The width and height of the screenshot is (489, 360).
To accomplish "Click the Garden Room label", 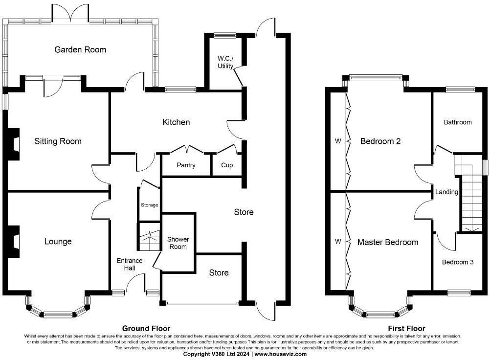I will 80,49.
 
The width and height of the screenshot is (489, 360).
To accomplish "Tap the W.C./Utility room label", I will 225,63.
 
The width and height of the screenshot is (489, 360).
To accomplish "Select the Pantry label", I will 185,165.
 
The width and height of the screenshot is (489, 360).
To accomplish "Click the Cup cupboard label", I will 227,165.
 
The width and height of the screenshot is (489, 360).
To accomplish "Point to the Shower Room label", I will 178,243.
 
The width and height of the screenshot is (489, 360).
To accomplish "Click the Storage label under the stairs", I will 149,205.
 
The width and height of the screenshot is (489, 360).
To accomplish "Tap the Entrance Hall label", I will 129,265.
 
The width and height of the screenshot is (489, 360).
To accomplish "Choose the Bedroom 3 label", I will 458,262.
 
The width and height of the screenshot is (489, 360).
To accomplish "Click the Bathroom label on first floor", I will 458,122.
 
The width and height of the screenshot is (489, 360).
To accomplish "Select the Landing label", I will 446,192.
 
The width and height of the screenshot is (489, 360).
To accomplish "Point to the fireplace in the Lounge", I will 14,241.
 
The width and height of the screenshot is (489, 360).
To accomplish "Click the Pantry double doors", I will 186,149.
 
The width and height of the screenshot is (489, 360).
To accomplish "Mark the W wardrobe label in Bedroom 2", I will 337,141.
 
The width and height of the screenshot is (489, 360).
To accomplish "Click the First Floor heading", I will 406,329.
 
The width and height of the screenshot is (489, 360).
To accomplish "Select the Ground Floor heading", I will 146,329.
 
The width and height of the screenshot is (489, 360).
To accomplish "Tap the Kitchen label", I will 176,122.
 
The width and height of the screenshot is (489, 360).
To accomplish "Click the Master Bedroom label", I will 388,242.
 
